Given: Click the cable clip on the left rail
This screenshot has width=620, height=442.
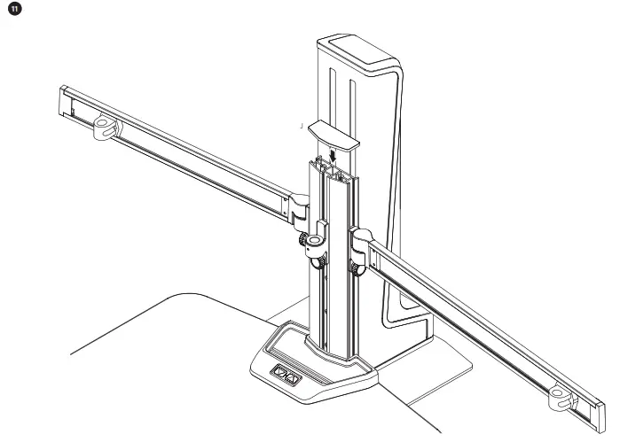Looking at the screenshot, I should click(x=104, y=127).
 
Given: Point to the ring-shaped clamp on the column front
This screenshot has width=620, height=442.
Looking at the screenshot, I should click(x=319, y=239).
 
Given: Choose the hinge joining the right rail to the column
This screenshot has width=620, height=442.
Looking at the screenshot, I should click(x=363, y=240).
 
